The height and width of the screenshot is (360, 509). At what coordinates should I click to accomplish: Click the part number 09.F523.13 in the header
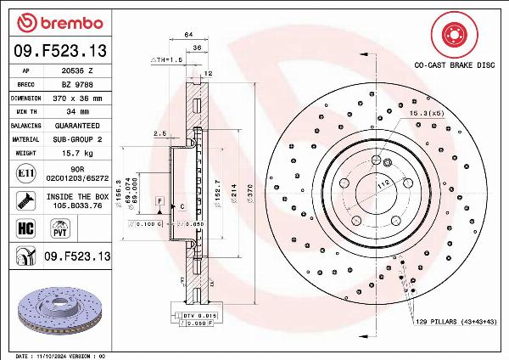tap(60, 52)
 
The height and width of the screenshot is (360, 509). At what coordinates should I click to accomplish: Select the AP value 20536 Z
tap(79, 72)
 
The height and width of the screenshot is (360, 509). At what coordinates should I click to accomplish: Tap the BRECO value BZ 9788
tap(79, 85)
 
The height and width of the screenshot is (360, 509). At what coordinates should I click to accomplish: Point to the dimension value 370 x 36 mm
tap(79, 98)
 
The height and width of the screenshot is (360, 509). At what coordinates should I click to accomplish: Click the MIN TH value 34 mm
tap(79, 111)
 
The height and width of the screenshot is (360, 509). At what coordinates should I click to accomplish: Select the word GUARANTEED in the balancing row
tap(79, 125)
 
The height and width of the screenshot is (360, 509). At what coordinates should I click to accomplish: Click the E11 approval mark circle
tap(24, 173)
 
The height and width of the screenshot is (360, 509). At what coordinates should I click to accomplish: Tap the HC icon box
tap(24, 228)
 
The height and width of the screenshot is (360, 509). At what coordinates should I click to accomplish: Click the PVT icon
tap(60, 228)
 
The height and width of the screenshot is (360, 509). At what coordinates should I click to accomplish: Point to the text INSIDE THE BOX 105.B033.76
tap(79, 200)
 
